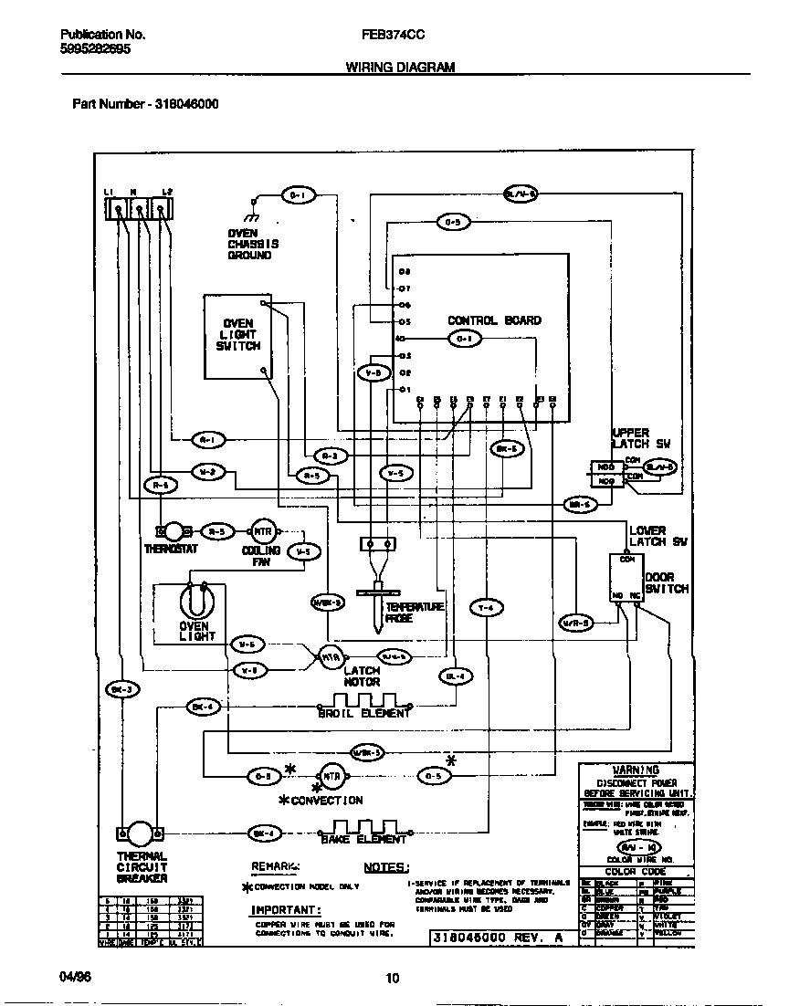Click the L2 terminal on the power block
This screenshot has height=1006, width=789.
[161, 211]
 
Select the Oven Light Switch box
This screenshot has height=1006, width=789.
[237, 336]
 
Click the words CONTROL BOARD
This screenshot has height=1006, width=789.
[494, 320]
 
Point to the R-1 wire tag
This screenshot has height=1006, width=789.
[208, 440]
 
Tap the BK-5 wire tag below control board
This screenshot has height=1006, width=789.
[506, 449]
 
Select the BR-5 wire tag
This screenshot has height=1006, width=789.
[578, 504]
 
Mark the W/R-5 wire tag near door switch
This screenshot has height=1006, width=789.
[575, 623]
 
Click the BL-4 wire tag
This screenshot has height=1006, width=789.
[457, 676]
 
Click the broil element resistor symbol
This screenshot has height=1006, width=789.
[363, 704]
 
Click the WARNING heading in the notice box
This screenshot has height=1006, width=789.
[636, 770]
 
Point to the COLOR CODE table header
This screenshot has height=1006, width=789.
[636, 871]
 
